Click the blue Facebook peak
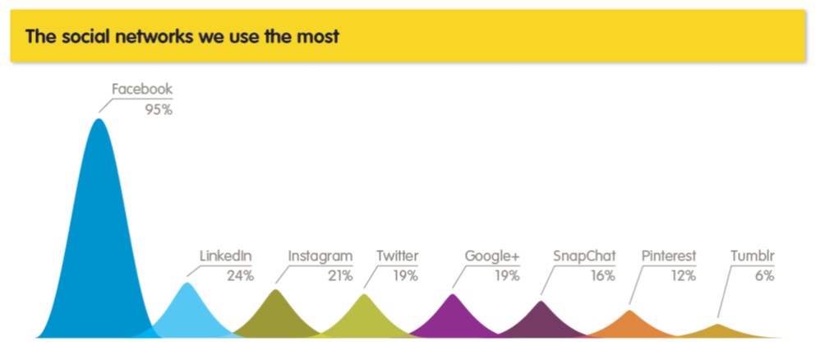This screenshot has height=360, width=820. [x=99, y=235]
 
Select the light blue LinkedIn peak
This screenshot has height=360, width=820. [x=187, y=314]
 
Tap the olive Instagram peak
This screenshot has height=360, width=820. [x=276, y=316]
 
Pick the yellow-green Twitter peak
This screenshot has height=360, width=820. [x=365, y=318]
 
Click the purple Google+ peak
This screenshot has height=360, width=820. [x=453, y=318]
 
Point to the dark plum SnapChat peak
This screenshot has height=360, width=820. [x=541, y=322]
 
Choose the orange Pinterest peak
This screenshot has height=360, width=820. [x=629, y=325]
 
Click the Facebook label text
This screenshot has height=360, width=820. [x=141, y=90]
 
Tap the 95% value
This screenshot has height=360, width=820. [x=159, y=110]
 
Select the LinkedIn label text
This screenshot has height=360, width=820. [x=226, y=256]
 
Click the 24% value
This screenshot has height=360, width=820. [x=240, y=276]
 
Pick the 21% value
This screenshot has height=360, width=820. [x=340, y=276]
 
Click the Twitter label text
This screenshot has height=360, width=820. [x=398, y=256]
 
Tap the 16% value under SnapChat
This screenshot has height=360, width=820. [x=603, y=276]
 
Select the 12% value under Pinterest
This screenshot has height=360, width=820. [x=684, y=276]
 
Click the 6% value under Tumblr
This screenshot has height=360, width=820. [x=764, y=276]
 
